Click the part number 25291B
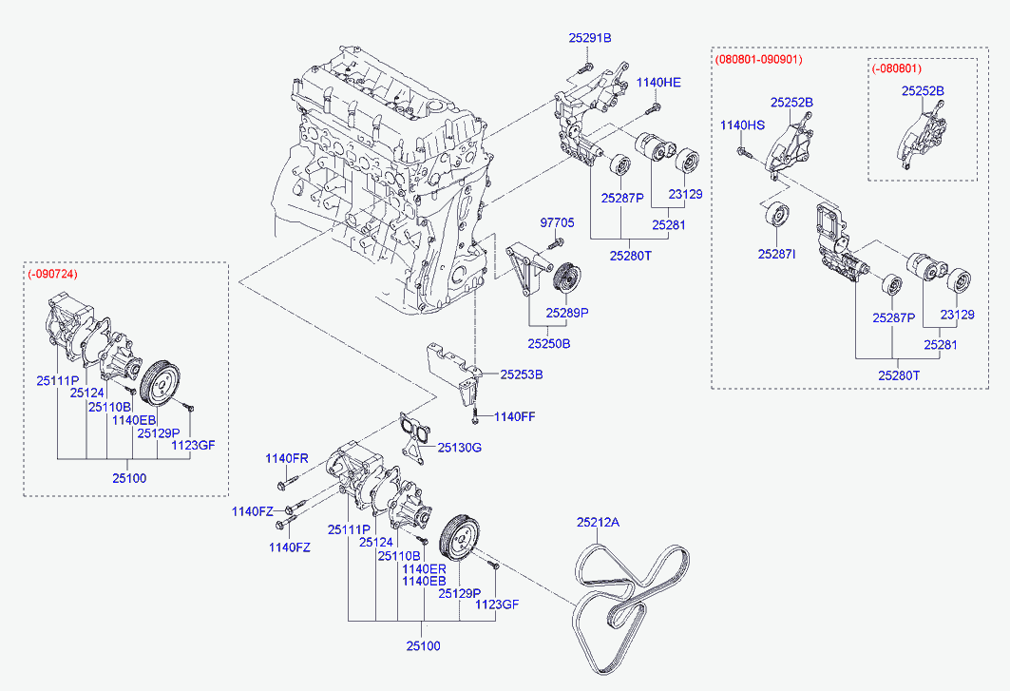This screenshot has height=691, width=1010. click(x=590, y=38)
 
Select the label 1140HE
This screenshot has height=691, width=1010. click(x=658, y=83)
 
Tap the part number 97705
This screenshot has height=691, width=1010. click(x=558, y=222)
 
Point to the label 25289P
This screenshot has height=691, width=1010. click(x=567, y=312)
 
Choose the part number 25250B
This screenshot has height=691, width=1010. click(x=549, y=343)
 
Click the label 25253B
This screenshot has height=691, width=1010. click(x=522, y=374)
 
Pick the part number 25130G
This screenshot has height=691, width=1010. click(x=460, y=447)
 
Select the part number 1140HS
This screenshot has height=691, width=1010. click(x=742, y=125)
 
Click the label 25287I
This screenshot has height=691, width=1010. click(x=776, y=255)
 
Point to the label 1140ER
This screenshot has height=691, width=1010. click(x=424, y=568)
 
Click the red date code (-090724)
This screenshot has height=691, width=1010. click(x=53, y=274)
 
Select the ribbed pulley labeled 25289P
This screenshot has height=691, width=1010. click(x=570, y=278)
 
